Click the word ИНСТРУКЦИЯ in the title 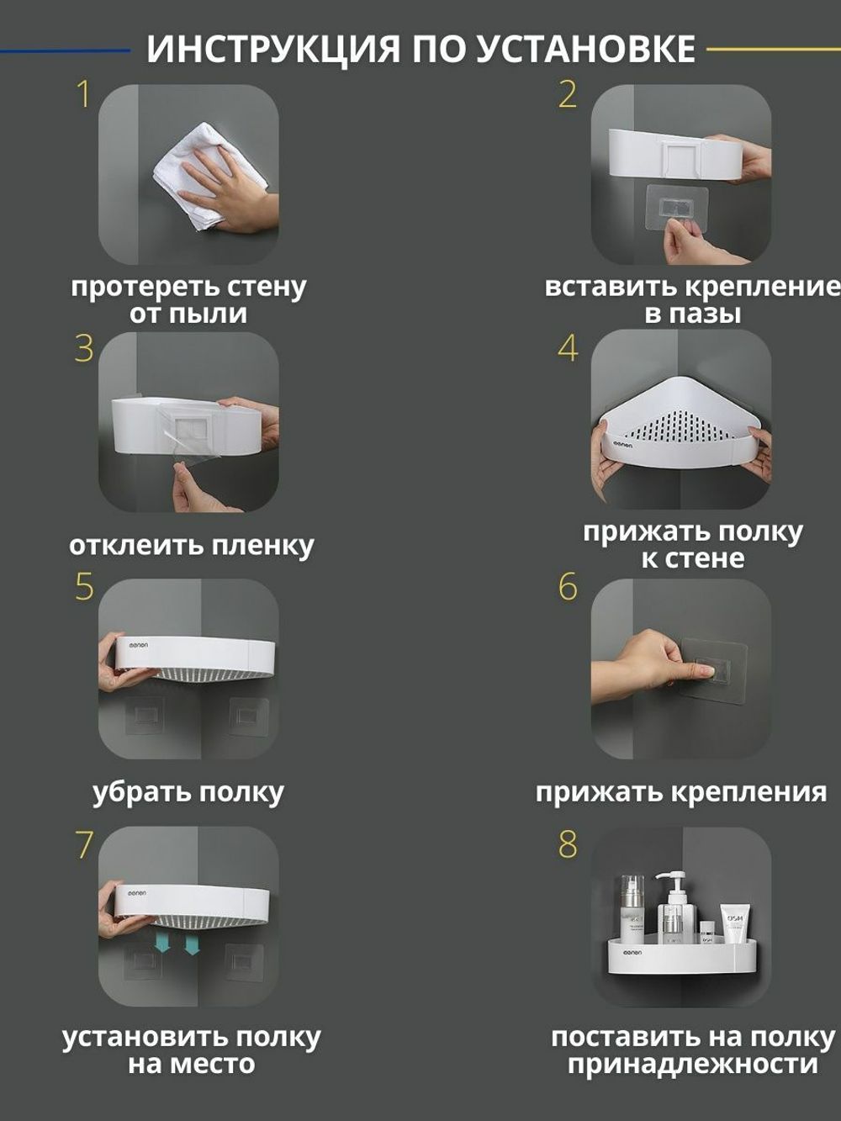[273, 49]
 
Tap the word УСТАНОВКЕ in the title [585, 49]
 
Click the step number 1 [82, 94]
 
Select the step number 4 [569, 348]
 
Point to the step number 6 [569, 587]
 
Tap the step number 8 [569, 843]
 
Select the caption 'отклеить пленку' [191, 546]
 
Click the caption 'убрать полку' [188, 792]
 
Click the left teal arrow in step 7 [162, 944]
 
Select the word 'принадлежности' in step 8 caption [692, 1065]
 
